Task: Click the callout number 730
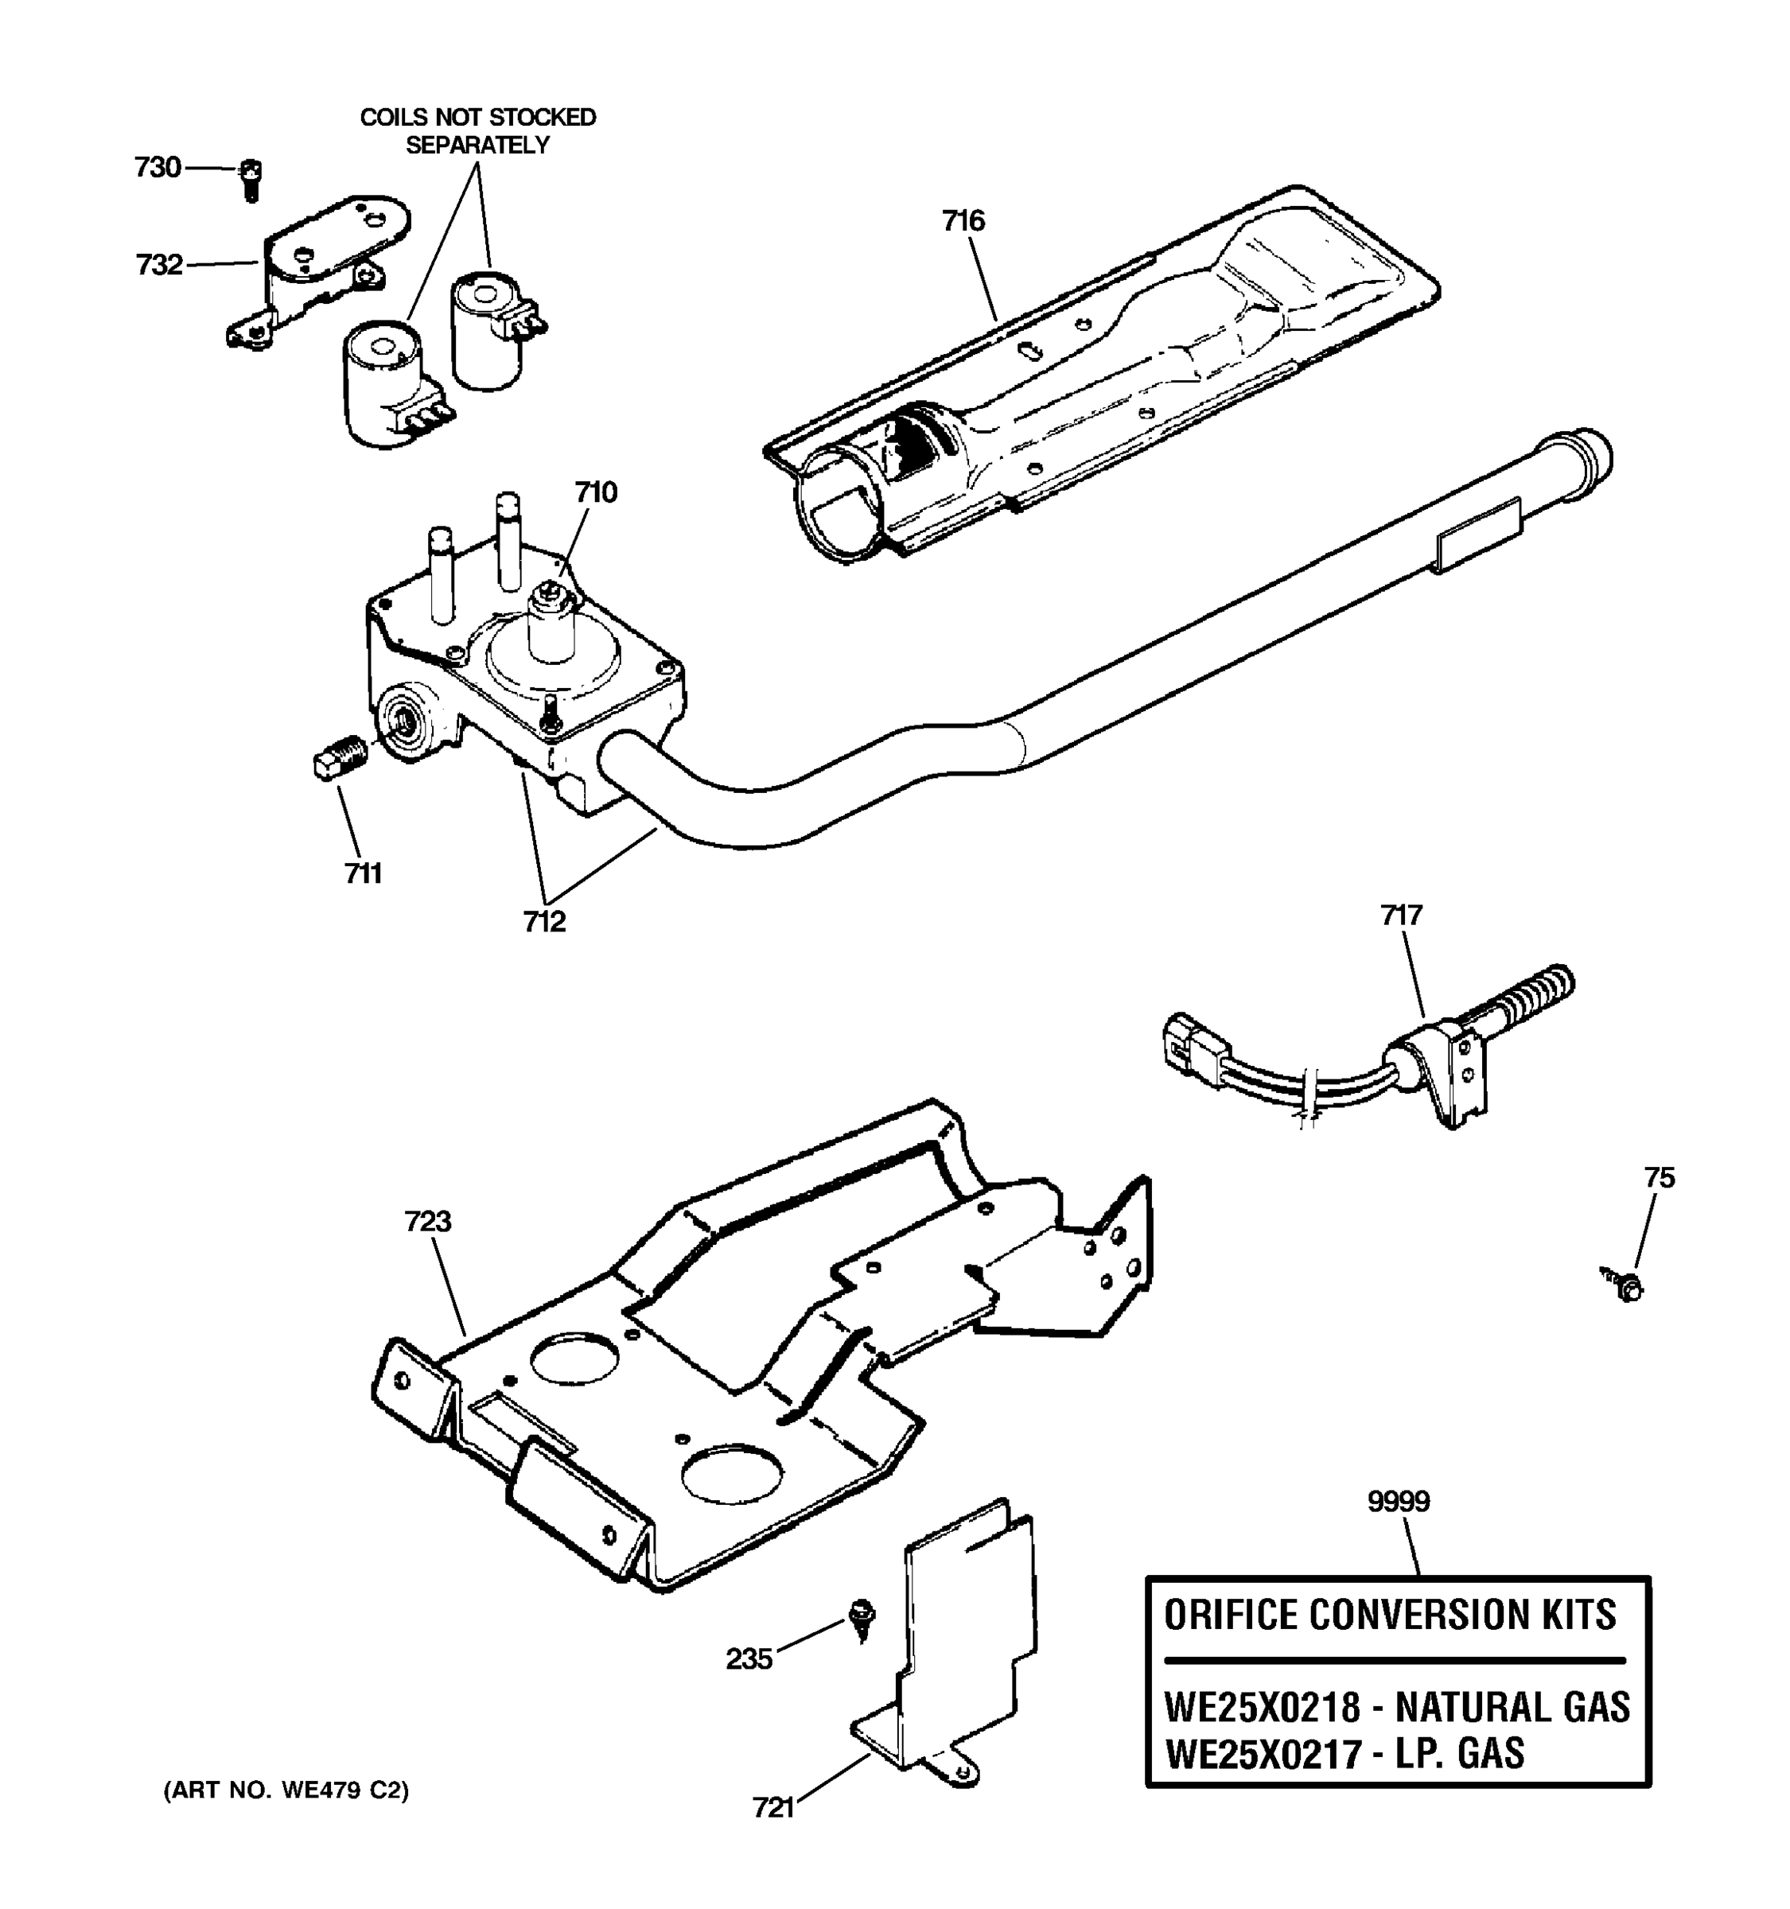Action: pos(158,168)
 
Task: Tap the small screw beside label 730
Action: pos(251,180)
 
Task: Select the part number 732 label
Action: pos(159,265)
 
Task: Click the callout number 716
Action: pos(963,222)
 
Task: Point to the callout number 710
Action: pos(595,492)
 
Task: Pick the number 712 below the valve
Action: pos(543,922)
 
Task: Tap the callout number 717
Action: pos(1401,916)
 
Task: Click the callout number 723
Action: pos(427,1222)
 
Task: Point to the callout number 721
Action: pos(773,1808)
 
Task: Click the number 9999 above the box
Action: pos(1399,1501)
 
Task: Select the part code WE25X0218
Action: pos(1262,1707)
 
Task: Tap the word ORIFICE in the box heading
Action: pos(1231,1615)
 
